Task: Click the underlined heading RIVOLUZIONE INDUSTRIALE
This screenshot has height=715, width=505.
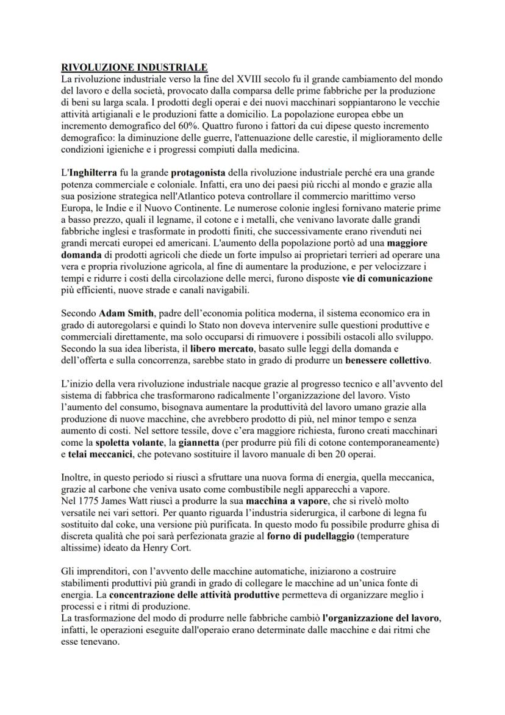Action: pyautogui.click(x=134, y=68)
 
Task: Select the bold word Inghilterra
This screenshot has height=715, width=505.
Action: pyautogui.click(x=91, y=173)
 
